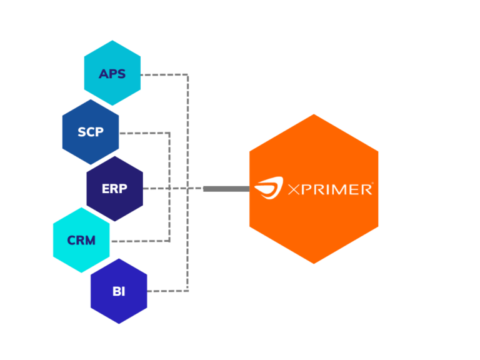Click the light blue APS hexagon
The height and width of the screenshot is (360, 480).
point(112,73)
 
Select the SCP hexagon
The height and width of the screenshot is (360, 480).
point(91,132)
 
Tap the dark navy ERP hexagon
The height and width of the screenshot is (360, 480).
point(114,188)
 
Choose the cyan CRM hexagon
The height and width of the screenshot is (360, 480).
point(81,240)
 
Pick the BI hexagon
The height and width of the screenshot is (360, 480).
point(119,291)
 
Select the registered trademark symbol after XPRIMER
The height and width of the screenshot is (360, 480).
point(372,184)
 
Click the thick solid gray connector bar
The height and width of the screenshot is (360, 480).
point(226,188)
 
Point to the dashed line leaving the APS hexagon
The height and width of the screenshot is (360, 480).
point(164,74)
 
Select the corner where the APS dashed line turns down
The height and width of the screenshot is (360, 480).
point(187,75)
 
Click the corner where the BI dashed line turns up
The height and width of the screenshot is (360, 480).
point(187,291)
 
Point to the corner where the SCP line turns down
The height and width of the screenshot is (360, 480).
point(171,132)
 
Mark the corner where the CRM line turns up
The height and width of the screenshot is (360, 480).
point(171,241)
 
